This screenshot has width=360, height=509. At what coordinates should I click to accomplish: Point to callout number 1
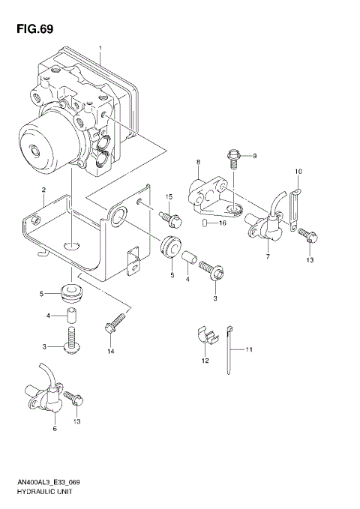(x=100, y=49)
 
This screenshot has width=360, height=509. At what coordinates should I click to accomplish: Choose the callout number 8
(x=198, y=162)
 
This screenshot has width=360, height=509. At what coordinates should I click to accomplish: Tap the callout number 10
(x=298, y=172)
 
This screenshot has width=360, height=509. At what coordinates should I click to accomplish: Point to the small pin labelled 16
(x=205, y=223)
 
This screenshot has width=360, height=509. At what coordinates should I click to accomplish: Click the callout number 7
(x=268, y=257)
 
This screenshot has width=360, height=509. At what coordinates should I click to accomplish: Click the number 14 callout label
(x=110, y=351)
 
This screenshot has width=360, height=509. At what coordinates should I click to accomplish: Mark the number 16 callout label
(x=223, y=223)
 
